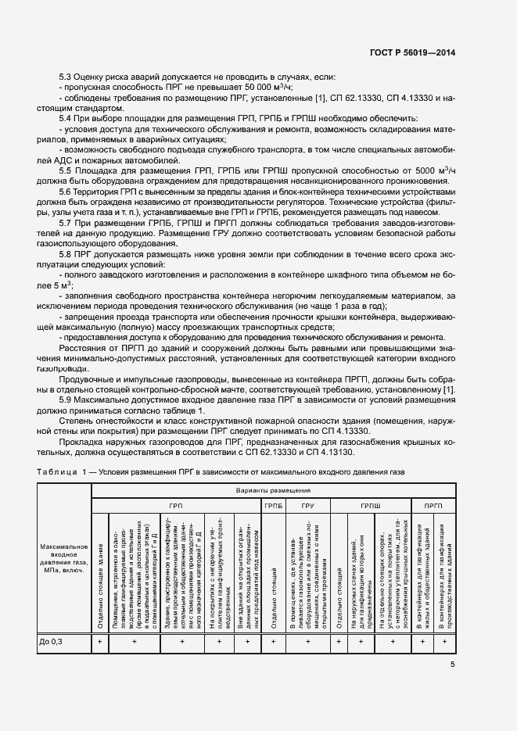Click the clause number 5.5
(65, 169)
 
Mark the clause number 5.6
(65, 190)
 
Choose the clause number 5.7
(65, 222)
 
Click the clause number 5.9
(65, 400)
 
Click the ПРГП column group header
(433, 506)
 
